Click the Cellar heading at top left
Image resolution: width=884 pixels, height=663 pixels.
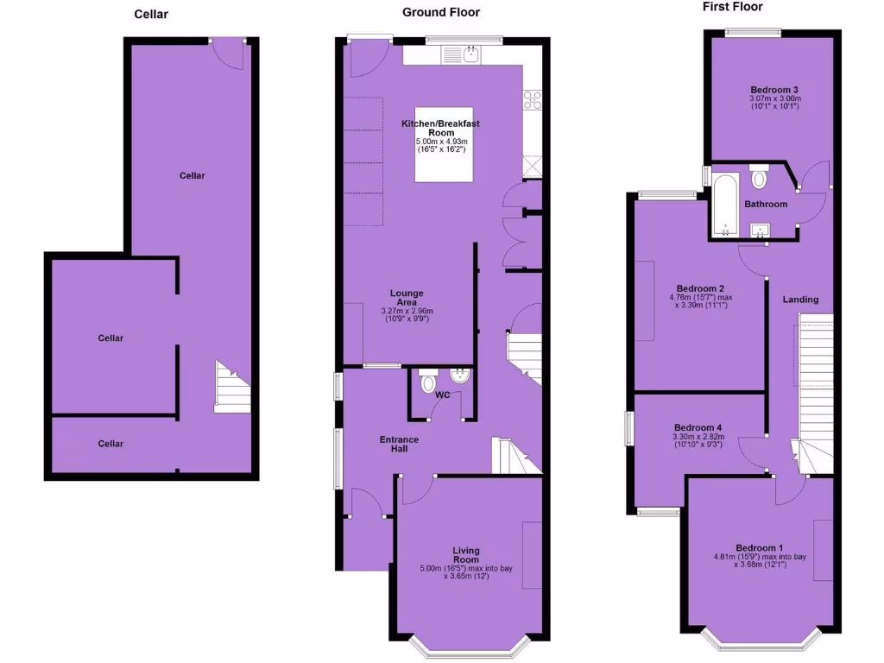tap(151, 14)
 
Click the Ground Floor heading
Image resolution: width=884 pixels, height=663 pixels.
tap(440, 12)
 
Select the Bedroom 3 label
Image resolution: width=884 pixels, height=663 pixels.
tap(773, 89)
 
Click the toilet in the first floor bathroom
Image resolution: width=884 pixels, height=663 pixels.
tap(760, 177)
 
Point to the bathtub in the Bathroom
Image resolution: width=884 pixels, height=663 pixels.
tap(724, 204)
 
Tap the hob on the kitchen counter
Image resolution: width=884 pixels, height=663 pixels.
tap(533, 100)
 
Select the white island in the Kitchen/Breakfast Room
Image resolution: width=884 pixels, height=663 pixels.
tap(444, 158)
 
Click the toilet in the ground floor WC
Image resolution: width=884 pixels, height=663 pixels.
tap(427, 382)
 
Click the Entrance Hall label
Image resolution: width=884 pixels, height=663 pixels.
tap(400, 445)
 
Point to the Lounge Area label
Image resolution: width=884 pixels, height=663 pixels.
tap(407, 298)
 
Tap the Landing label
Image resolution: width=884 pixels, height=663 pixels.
tap(800, 300)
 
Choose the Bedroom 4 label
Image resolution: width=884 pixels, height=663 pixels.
tap(698, 427)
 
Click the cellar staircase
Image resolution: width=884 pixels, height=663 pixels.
tap(231, 387)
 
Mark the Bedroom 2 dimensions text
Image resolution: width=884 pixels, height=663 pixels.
tap(700, 303)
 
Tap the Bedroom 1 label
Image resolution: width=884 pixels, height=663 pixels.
tap(760, 547)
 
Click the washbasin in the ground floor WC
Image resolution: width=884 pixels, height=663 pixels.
tap(458, 377)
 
